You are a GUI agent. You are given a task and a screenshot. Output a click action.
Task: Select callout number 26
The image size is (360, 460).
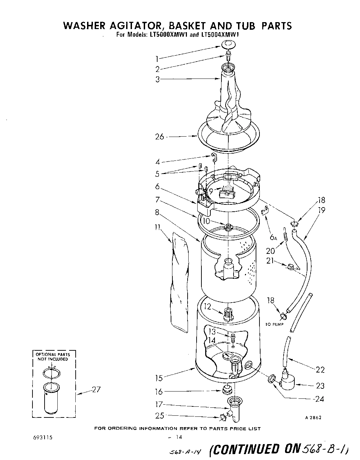160,137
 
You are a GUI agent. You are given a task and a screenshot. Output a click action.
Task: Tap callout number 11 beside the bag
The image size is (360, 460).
158,227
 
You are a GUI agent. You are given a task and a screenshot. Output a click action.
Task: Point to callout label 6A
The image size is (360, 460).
274,237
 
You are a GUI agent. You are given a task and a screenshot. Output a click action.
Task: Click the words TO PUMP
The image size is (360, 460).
274,324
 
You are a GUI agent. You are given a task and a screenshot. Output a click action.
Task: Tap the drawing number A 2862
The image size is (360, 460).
313,417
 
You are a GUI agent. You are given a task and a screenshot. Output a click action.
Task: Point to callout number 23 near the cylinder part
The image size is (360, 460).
320,385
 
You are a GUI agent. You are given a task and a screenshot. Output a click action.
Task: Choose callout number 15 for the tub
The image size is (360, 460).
159,378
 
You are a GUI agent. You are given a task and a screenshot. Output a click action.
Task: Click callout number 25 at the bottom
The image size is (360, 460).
160,416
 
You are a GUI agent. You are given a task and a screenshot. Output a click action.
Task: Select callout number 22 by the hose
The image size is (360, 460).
320,370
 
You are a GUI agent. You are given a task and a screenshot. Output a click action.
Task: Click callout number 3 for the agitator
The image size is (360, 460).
158,79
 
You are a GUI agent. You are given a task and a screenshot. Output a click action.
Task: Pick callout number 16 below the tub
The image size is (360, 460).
159,392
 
